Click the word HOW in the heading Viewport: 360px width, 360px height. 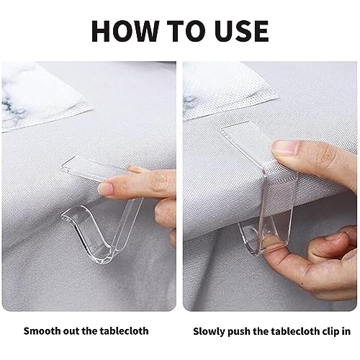pos(125,31)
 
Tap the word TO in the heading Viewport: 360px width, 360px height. pos(186,31)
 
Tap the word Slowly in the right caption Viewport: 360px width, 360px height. pos(209,332)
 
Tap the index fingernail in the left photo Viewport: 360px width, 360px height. pos(106,189)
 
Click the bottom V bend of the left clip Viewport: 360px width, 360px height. pos(106,257)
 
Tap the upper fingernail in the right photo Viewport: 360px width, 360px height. pos(286,148)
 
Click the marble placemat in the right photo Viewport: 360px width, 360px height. pos(228,91)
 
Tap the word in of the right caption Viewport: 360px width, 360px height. pos(346,331)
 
